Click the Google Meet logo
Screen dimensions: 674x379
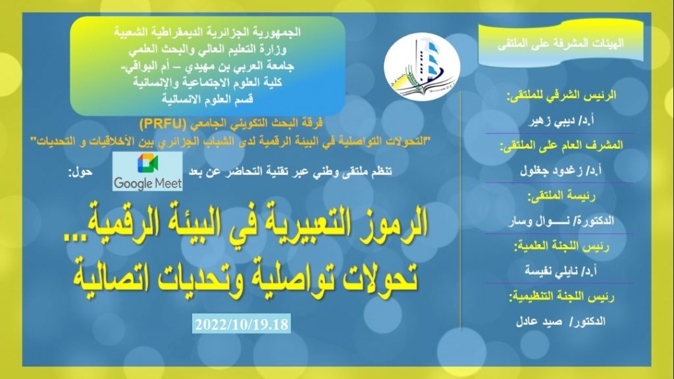147,171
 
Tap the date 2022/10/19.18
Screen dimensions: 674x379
241,324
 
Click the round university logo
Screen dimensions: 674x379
422,66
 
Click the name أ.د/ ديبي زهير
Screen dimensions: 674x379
561,121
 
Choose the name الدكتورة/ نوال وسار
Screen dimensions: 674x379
561,221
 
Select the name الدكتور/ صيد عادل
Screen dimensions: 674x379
561,321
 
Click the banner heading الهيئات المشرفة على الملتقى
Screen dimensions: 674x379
561,43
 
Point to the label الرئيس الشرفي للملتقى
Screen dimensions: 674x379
561,95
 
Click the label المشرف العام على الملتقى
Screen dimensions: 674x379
561,145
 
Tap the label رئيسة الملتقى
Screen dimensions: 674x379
561,196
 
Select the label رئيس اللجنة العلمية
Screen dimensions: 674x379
561,246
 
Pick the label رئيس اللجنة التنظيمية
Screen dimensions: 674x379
561,297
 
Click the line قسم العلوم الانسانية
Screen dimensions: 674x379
207,99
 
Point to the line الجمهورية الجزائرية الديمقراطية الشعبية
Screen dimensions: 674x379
207,32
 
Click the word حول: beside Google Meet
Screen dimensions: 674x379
80,172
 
